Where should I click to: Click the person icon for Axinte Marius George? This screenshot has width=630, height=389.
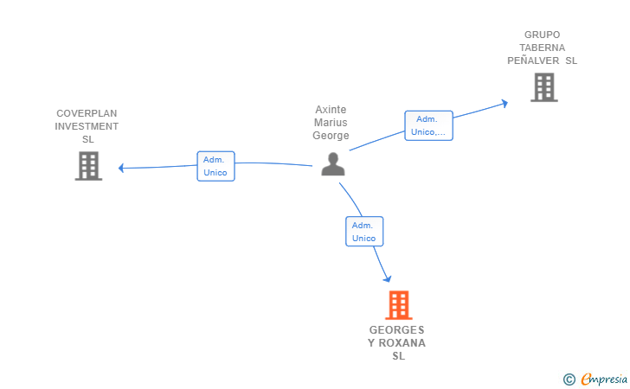point(333,163)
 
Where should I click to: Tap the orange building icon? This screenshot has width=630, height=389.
point(399,305)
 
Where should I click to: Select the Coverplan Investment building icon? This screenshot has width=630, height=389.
point(88,166)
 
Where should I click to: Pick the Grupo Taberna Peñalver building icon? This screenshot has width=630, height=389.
point(544,87)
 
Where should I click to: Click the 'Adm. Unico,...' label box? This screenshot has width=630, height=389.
point(428,125)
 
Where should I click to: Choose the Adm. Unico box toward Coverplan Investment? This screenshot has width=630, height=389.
point(215,166)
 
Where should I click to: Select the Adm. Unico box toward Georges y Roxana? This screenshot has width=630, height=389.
point(364,232)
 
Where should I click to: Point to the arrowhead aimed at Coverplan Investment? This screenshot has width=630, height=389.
point(121,168)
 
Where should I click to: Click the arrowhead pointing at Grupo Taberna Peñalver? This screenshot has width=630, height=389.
point(505,104)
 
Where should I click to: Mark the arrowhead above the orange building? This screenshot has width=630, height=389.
point(387,278)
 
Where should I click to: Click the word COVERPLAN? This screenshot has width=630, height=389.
point(87,113)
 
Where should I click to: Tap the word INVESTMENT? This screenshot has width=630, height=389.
point(87,126)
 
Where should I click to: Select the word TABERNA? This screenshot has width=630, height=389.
point(542,48)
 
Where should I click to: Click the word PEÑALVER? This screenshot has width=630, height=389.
point(533,61)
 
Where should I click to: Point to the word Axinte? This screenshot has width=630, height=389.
point(331,110)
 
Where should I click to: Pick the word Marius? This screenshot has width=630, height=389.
point(331,123)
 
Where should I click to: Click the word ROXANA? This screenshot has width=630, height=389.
point(402,343)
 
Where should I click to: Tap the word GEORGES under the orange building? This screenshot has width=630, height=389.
point(396,330)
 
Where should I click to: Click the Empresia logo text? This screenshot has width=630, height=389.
point(604,379)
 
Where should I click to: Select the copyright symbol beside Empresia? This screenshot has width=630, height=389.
point(569,379)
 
